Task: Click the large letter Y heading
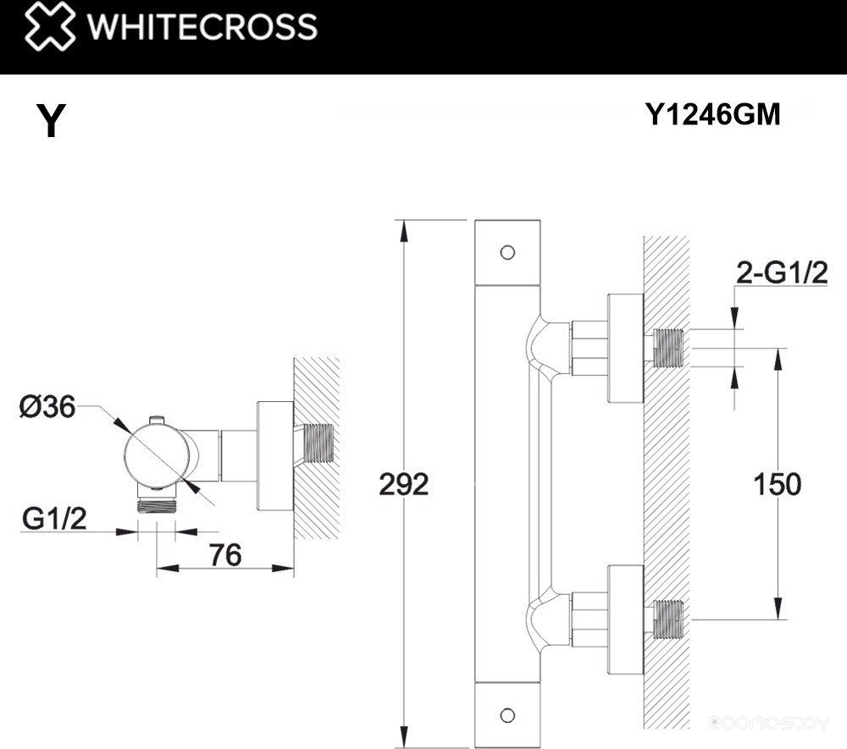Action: pos(51,120)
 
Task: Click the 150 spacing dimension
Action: pos(777,485)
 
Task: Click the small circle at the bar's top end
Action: pos(507,252)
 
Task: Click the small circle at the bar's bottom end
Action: pos(507,713)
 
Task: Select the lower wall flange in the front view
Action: pos(626,614)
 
